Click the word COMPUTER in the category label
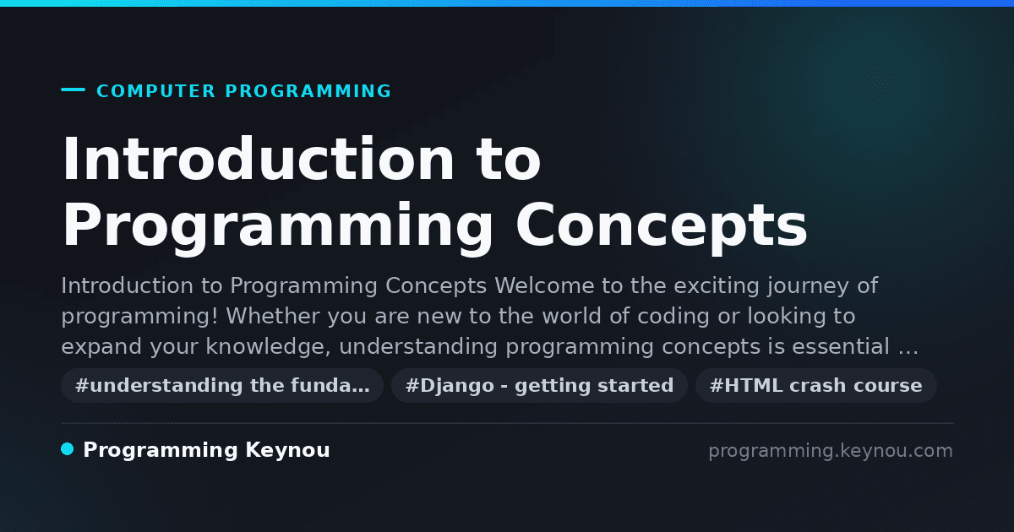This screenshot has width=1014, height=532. click(155, 91)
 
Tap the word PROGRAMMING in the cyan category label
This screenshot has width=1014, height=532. click(308, 91)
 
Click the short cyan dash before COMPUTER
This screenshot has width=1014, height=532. click(73, 90)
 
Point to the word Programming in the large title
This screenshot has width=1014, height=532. click(277, 227)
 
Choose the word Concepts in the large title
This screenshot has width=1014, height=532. click(662, 227)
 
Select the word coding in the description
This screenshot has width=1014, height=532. click(673, 317)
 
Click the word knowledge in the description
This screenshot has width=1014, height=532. click(268, 347)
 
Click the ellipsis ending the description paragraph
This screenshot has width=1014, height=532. click(908, 352)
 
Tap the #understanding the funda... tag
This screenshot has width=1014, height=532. click(222, 385)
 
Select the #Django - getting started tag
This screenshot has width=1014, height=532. click(539, 385)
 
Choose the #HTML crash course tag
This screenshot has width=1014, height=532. click(815, 385)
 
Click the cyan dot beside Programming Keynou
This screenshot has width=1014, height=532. click(68, 449)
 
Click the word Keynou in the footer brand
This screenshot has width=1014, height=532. click(287, 451)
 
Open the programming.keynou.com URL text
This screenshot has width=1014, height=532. click(831, 451)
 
